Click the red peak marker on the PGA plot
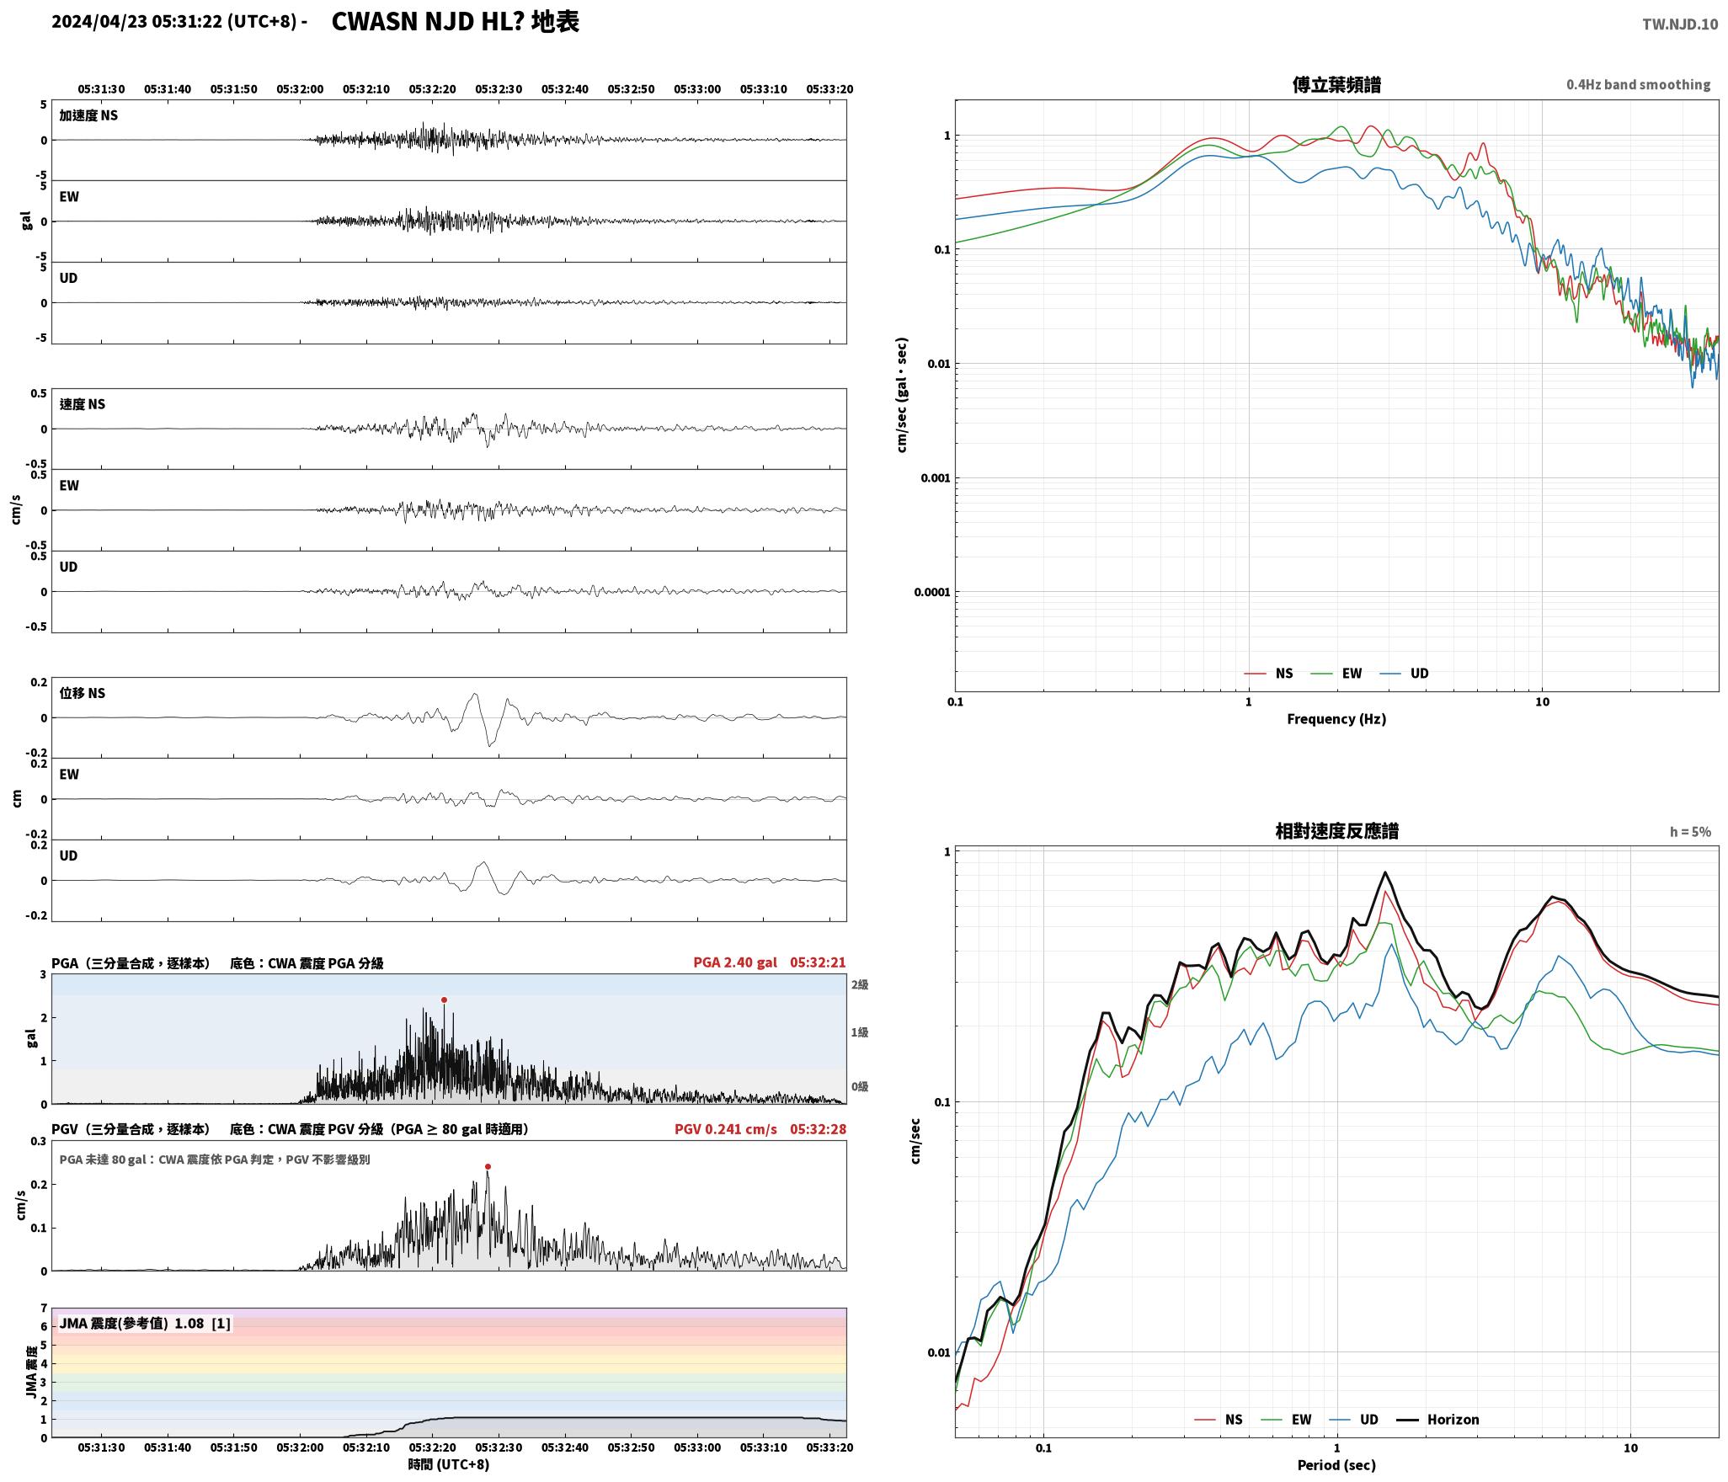[x=444, y=1000]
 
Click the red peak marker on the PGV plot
[x=488, y=1167]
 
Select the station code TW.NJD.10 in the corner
[x=1679, y=24]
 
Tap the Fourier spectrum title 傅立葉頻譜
[x=1336, y=84]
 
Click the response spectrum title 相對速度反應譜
[x=1336, y=831]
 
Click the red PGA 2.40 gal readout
[x=735, y=962]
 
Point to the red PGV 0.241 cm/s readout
[x=726, y=1129]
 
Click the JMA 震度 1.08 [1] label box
[x=145, y=1324]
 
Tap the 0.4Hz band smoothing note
[x=1638, y=85]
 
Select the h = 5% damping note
[x=1690, y=832]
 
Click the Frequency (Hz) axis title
[x=1336, y=719]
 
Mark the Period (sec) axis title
[x=1336, y=1465]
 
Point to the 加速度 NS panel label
[x=88, y=115]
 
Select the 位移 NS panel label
[x=83, y=693]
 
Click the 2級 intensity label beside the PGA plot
[x=860, y=984]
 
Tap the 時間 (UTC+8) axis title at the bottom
[x=449, y=1464]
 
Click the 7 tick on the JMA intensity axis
[x=44, y=1309]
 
